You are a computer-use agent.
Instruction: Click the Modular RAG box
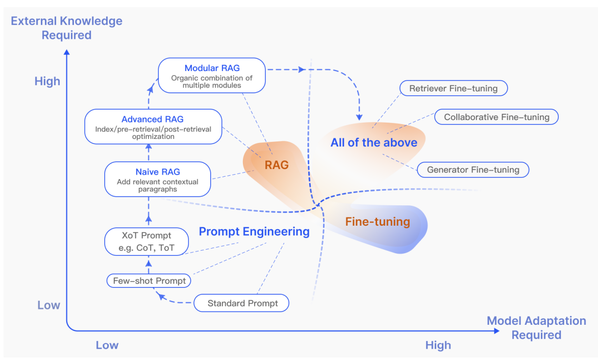(212, 75)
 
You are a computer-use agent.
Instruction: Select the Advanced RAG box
(152, 127)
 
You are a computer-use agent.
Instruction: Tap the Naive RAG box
(157, 179)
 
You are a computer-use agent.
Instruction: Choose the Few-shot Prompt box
(149, 281)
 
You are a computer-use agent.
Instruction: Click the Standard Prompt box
(242, 303)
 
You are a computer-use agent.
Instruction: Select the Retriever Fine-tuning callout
(453, 88)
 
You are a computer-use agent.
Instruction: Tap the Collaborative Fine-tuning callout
(496, 117)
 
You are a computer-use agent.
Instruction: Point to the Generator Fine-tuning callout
(472, 170)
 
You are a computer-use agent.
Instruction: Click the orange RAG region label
(277, 165)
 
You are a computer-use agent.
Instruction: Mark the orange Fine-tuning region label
(378, 222)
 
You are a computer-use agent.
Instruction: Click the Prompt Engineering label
(254, 232)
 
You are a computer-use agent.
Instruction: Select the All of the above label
(373, 143)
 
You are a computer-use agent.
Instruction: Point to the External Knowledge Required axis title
(67, 28)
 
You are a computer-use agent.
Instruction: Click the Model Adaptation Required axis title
(536, 328)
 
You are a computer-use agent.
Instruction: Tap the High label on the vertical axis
(47, 81)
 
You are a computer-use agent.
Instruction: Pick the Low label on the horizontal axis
(107, 345)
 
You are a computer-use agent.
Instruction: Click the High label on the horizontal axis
(438, 345)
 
